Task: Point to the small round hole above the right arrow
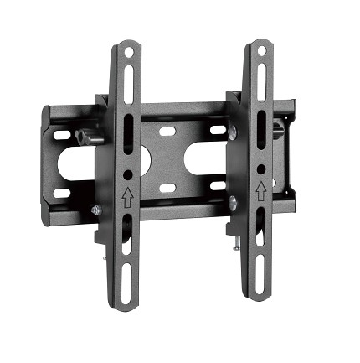coord(262,169)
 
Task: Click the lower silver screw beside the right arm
coord(232,202)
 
